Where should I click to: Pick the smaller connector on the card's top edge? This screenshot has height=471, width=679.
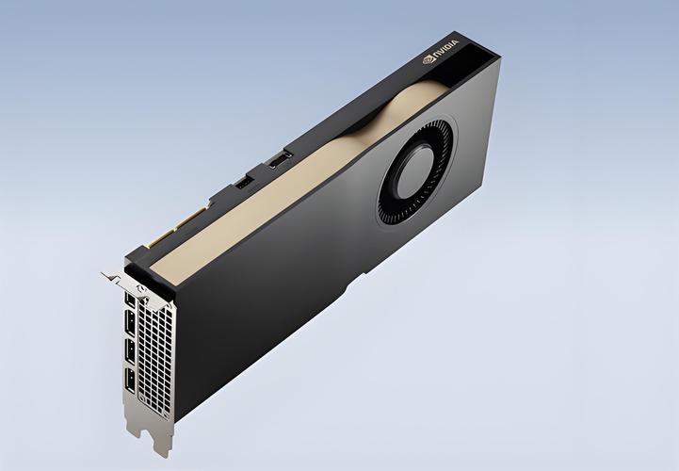[240, 183]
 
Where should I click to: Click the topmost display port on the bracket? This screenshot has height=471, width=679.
[129, 301]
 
